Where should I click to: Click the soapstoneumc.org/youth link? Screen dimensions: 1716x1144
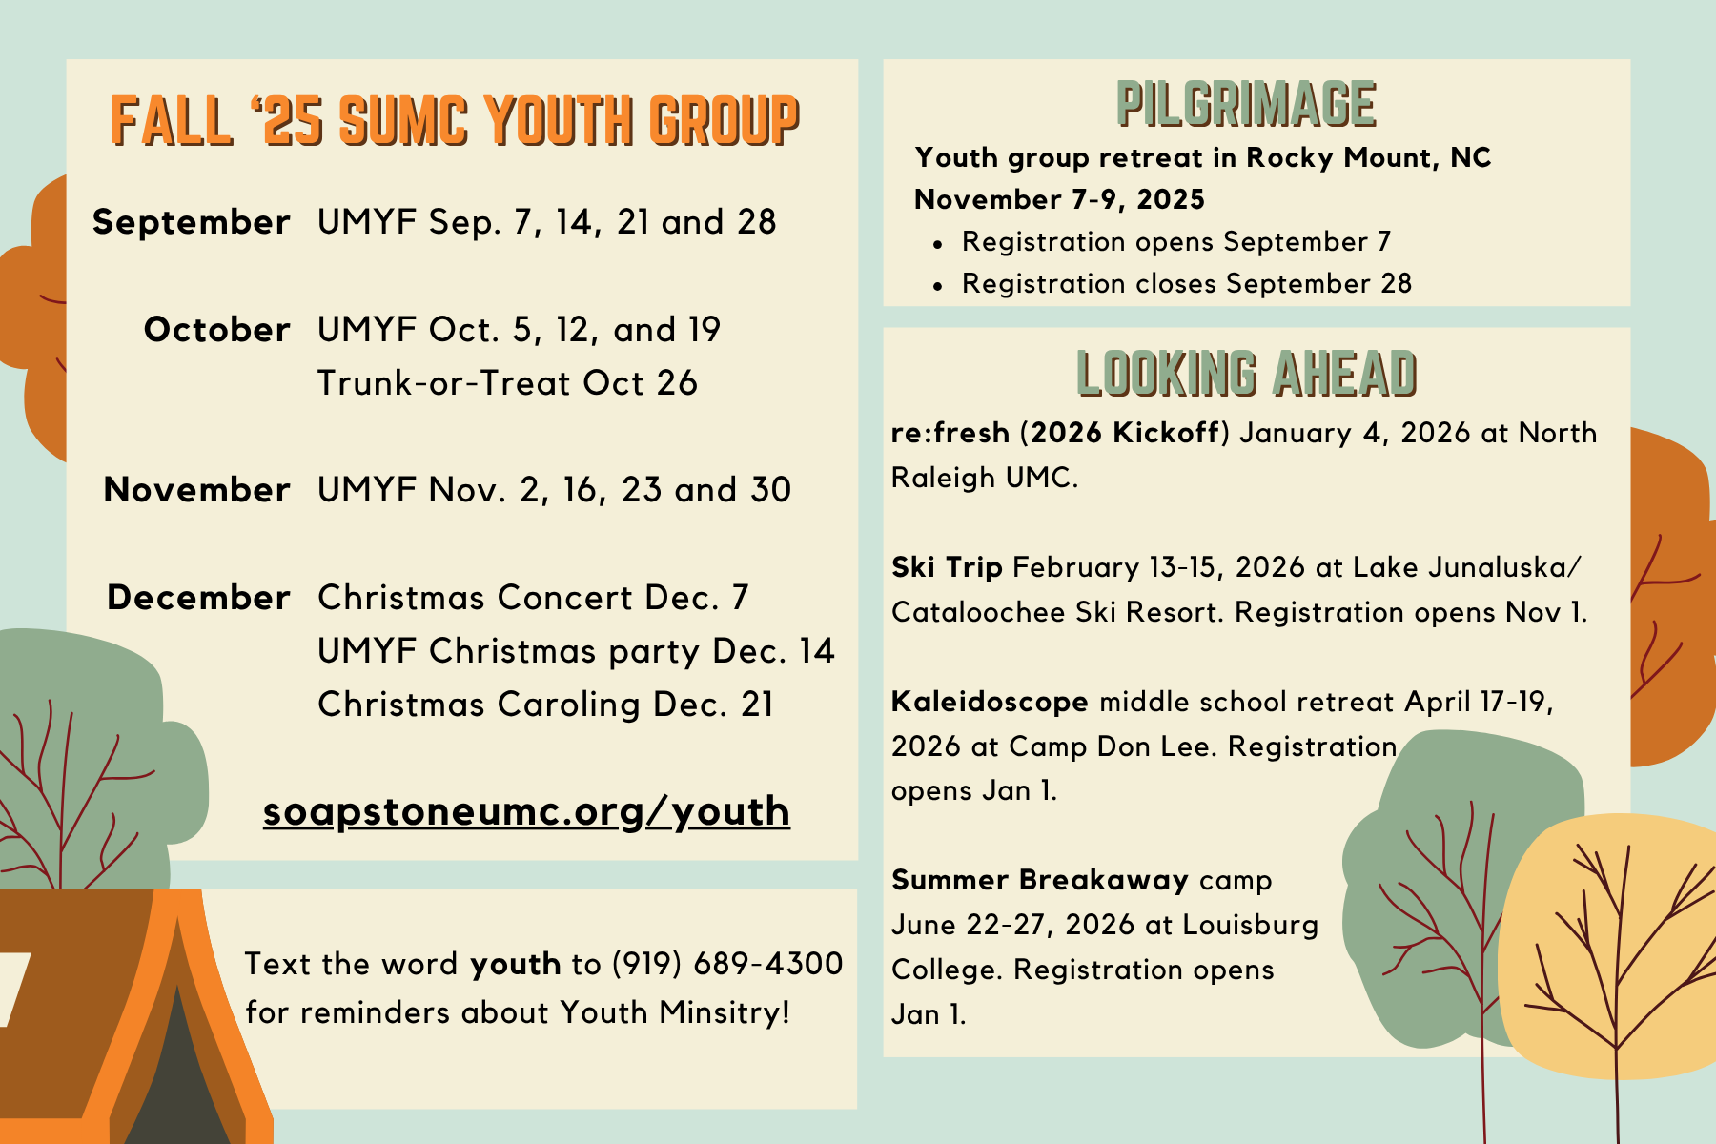click(526, 811)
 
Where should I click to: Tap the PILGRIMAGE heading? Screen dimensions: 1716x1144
click(1246, 104)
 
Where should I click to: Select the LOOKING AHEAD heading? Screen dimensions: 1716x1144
click(1246, 373)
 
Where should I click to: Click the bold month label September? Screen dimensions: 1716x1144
click(192, 223)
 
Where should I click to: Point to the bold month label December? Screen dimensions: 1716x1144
click(198, 598)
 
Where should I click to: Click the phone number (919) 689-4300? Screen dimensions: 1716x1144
click(727, 964)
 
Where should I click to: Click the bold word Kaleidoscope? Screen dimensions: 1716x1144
click(990, 702)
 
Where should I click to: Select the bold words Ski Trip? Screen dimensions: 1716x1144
click(947, 568)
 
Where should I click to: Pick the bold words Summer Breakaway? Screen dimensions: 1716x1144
click(1040, 880)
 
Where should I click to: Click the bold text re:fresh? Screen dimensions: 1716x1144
click(950, 433)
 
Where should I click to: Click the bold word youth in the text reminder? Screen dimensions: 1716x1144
click(515, 965)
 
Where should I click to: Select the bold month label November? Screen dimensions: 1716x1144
click(196, 490)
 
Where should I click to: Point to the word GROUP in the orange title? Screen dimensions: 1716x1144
click(724, 121)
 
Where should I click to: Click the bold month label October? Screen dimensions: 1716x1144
click(217, 330)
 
